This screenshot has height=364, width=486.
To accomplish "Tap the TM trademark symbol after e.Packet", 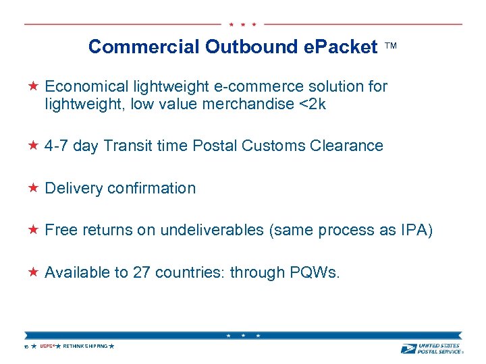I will tap(391, 47).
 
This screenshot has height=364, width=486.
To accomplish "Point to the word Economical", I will tap(86, 86).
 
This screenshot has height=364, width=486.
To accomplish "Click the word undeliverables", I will tap(211, 230).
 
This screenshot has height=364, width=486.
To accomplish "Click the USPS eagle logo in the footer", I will tap(408, 348).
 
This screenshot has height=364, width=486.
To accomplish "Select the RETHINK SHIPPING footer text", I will tap(85, 346).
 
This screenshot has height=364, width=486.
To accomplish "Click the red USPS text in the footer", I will tap(47, 346).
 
